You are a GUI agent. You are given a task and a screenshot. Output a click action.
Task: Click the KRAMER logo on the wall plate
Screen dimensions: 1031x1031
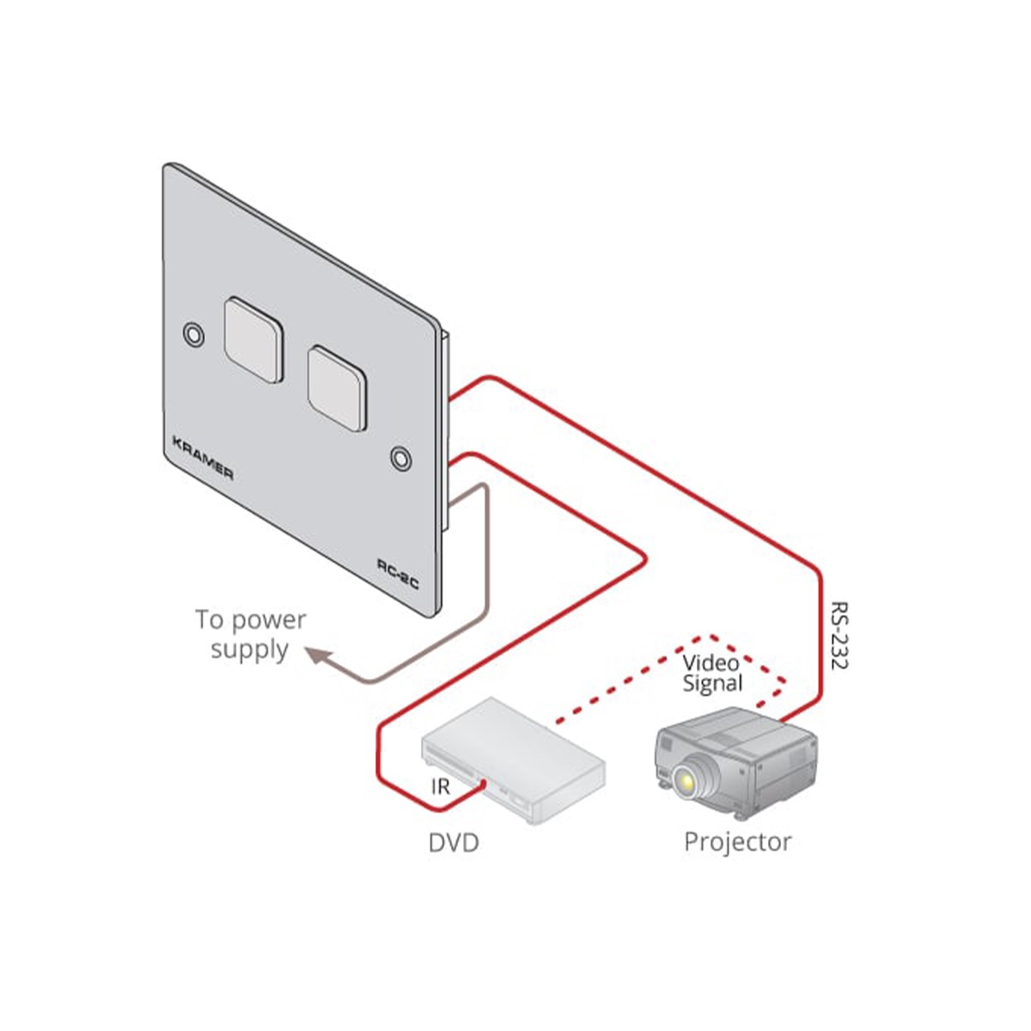(x=203, y=459)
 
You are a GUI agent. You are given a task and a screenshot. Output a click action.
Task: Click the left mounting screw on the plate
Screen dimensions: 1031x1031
(x=194, y=333)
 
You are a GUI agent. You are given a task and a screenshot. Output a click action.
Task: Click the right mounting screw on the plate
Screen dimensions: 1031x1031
(x=400, y=457)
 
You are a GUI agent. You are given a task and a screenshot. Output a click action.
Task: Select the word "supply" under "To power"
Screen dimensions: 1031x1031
(x=249, y=650)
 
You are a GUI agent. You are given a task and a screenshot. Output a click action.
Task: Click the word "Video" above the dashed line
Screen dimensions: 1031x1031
(x=711, y=663)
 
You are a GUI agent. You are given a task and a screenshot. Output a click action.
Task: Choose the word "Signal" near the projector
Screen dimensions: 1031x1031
(x=712, y=685)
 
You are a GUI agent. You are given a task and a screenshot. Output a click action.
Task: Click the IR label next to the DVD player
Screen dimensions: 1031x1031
(x=440, y=787)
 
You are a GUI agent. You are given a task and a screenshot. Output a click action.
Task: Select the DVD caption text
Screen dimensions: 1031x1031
(x=453, y=843)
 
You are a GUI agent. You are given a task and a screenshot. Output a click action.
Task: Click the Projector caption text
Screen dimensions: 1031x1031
(x=737, y=842)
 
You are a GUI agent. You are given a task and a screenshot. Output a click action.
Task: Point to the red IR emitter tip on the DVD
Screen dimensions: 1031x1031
(x=485, y=784)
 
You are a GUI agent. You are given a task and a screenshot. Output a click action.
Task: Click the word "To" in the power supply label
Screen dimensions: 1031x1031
(x=209, y=619)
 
